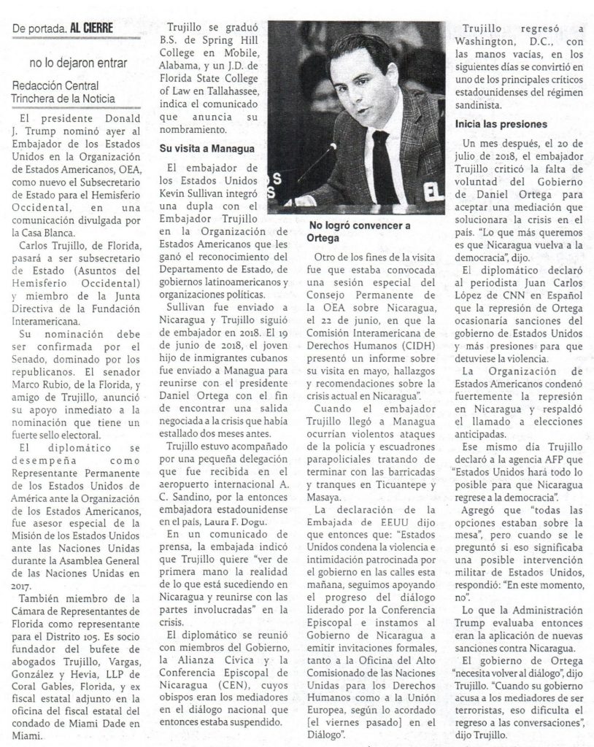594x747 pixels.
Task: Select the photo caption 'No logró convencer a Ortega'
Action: pos(359,231)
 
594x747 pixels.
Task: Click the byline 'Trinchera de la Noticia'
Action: pos(64,98)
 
